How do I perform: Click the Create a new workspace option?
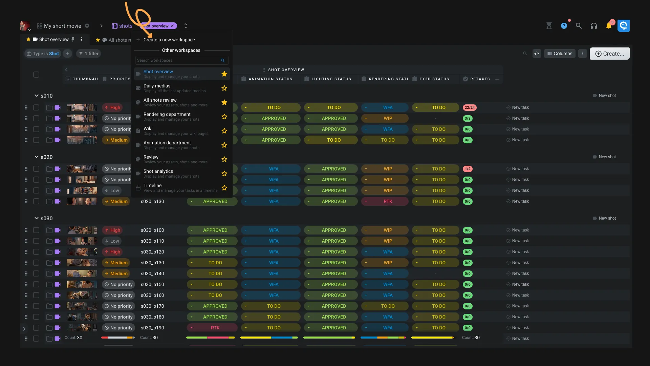(169, 40)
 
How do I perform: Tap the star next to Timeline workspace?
(224, 188)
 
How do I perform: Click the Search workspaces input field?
(178, 60)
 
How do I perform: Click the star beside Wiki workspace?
(224, 131)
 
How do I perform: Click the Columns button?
(560, 54)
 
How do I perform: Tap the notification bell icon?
(608, 26)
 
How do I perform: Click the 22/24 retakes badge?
(470, 107)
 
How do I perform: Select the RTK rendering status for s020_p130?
(388, 201)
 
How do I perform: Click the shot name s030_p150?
(152, 284)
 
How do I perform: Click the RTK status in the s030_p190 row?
(215, 328)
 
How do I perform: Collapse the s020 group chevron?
(36, 157)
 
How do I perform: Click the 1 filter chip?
(89, 54)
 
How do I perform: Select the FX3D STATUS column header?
(434, 79)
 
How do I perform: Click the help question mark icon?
(564, 26)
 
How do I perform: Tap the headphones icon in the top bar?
(593, 26)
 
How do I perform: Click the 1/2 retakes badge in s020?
(468, 169)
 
